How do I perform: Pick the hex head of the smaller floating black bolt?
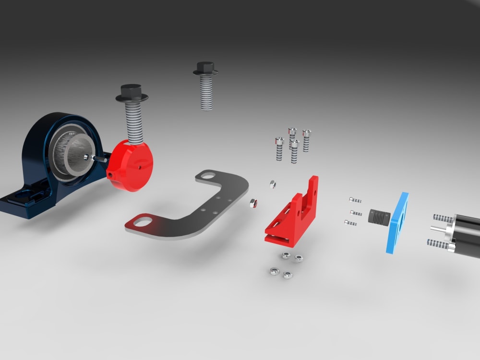pyautogui.click(x=205, y=69)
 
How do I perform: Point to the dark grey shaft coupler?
pyautogui.click(x=377, y=216)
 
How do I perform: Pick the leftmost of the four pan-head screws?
pyautogui.click(x=279, y=149)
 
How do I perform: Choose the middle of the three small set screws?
pyautogui.click(x=356, y=212)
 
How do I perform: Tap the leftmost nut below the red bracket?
pyautogui.click(x=273, y=271)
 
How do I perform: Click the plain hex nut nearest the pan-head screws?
pyautogui.click(x=272, y=183)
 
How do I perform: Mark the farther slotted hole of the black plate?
pyautogui.click(x=207, y=176)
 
